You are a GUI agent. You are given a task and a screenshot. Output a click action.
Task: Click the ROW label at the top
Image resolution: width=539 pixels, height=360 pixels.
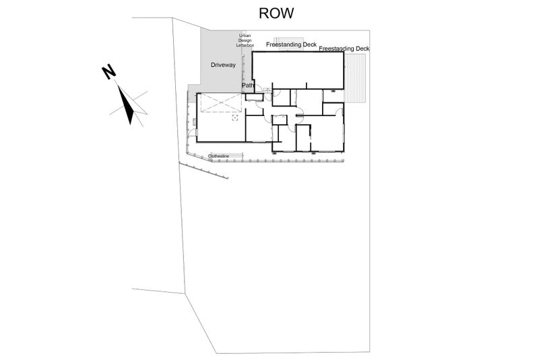coord(276,13)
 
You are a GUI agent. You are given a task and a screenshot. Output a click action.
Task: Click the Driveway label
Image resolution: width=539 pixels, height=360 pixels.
coord(223,65)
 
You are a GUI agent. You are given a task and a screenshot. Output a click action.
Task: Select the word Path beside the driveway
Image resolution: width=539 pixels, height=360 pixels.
coord(248,85)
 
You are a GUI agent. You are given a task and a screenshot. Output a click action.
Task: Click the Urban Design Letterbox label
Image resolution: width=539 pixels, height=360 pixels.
coord(245,40)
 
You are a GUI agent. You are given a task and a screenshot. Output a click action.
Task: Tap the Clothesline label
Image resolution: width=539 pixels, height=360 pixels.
coord(218,156)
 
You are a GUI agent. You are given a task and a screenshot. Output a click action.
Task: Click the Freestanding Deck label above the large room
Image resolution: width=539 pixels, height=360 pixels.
coord(291,44)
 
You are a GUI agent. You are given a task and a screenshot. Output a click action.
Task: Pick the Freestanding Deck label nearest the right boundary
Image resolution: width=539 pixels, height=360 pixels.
coord(344,49)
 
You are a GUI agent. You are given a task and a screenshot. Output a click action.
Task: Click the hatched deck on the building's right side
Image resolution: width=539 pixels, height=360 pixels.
coord(355,78)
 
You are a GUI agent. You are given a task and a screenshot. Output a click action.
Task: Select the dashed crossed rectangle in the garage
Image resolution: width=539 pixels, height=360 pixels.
coord(222,102)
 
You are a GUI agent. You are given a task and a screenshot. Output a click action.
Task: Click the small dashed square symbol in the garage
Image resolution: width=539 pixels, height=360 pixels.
coord(234,118)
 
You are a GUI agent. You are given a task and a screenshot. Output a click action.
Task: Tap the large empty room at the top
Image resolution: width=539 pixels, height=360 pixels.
coord(298,70)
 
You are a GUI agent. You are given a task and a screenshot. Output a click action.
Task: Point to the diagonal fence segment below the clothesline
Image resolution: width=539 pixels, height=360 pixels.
coord(204,171)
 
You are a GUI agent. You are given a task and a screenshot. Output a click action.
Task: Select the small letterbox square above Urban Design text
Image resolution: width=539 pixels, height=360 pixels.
coord(245,32)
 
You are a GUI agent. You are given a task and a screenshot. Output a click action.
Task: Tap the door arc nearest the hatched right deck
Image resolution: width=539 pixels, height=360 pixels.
coord(340,111)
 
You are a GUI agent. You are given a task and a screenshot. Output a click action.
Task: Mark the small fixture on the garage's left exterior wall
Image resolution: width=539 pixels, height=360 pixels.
coord(194,121)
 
